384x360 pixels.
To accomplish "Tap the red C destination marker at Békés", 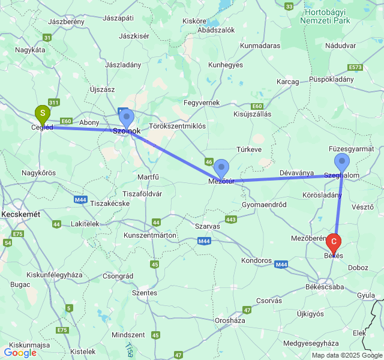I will click(x=334, y=242).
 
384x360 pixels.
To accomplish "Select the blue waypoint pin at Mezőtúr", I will click(x=222, y=168).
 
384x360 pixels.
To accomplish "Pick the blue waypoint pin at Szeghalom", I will click(x=342, y=162).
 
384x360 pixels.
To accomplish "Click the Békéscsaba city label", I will click(x=325, y=287).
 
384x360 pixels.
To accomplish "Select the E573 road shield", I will click(x=355, y=67).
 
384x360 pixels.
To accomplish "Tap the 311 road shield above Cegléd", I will click(x=54, y=103).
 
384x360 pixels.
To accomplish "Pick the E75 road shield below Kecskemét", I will click(x=18, y=234).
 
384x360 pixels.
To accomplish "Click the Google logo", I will click(x=20, y=353).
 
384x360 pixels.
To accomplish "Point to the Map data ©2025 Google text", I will click(x=346, y=355).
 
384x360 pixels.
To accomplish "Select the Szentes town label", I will click(x=145, y=293).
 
